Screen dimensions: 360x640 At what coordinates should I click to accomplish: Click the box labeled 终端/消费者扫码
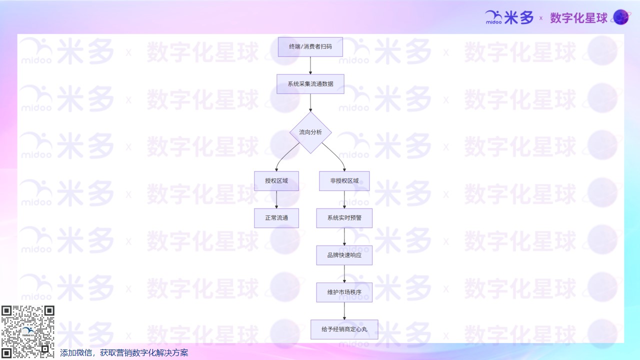tap(310, 46)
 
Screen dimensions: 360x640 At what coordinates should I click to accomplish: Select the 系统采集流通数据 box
tap(310, 84)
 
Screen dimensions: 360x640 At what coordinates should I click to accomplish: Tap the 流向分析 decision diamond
tap(310, 132)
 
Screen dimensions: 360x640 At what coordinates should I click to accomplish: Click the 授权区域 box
tap(276, 181)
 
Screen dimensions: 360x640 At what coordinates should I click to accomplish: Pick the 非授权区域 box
tap(344, 181)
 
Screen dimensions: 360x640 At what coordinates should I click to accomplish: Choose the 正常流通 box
tap(276, 218)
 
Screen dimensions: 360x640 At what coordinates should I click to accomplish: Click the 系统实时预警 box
tap(344, 218)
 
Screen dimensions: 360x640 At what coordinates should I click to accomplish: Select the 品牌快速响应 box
tap(344, 255)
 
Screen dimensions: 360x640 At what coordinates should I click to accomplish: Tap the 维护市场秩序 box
tap(344, 292)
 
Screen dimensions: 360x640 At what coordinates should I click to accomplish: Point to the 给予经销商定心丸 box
tap(344, 329)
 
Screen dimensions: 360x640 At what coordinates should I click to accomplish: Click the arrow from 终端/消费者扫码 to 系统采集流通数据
tap(310, 65)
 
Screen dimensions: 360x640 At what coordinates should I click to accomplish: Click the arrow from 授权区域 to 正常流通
tap(276, 199)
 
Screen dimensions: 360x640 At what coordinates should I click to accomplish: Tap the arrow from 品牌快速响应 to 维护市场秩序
tap(344, 273)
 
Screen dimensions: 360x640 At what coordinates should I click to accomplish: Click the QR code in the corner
tap(27, 331)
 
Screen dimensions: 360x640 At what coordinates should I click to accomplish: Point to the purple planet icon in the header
tap(620, 17)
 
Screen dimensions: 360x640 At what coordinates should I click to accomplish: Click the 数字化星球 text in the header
tap(578, 18)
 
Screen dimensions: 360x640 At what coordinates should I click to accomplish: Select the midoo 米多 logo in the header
tap(509, 17)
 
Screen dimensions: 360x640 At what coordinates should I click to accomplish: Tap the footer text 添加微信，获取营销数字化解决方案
tap(124, 353)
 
